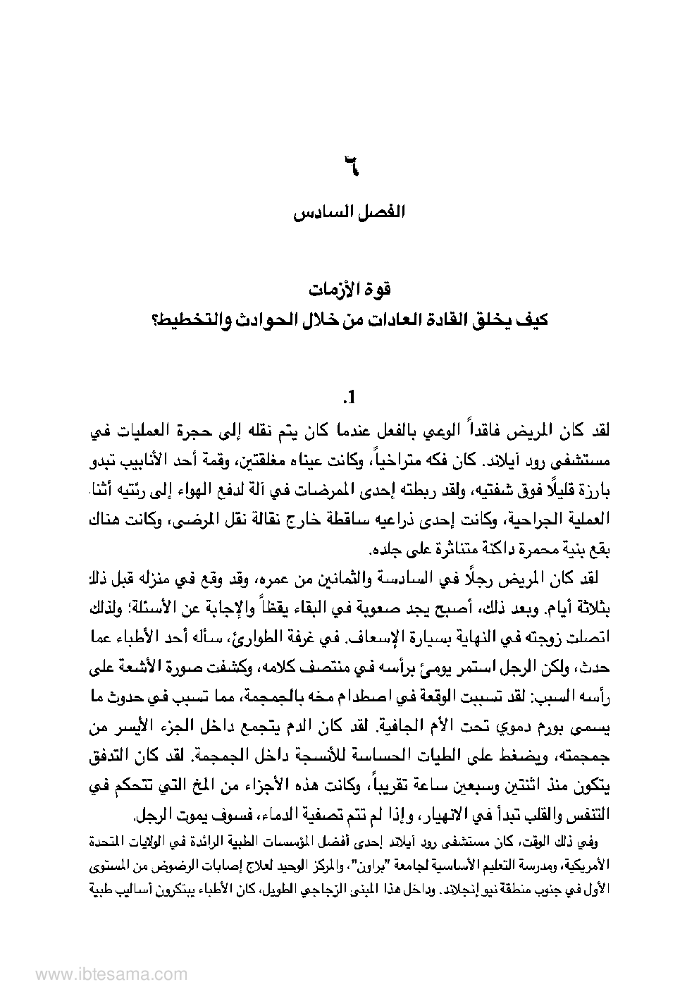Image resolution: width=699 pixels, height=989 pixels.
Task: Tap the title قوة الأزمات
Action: click(350, 290)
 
